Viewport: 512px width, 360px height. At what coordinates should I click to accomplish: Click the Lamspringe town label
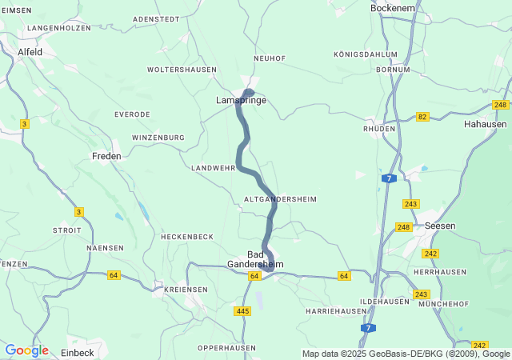click(241, 101)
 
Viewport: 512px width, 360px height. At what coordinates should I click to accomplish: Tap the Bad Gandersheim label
click(255, 259)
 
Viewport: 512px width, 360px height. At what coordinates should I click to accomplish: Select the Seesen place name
click(440, 226)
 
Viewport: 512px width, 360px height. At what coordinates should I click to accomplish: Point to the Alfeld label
click(30, 52)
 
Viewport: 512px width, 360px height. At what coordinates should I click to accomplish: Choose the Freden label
click(106, 156)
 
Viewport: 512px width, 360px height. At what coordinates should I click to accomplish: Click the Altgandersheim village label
click(279, 198)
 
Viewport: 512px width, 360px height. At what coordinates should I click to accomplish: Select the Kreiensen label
click(186, 290)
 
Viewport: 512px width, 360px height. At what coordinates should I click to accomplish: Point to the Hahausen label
click(485, 125)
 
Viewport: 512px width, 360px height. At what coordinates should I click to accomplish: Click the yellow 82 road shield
click(422, 117)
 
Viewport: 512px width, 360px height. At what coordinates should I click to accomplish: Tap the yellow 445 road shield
click(243, 310)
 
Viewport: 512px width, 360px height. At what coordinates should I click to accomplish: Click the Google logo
click(26, 350)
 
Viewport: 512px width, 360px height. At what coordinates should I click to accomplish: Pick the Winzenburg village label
click(158, 138)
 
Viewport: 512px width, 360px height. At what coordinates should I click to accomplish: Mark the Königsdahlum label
click(366, 54)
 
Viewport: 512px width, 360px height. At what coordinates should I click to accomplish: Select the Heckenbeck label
click(187, 237)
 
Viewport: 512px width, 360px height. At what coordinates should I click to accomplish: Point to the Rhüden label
click(379, 128)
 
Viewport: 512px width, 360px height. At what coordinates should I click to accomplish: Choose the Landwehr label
click(213, 168)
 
